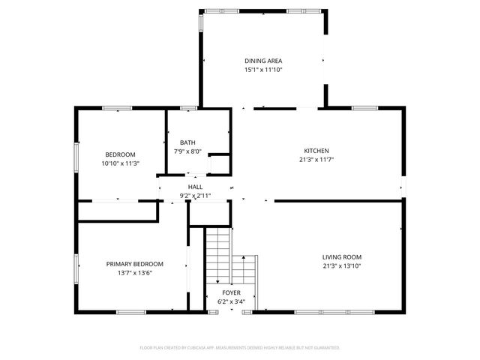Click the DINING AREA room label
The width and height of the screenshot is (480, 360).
click(263, 61)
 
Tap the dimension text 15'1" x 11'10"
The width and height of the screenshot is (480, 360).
click(263, 70)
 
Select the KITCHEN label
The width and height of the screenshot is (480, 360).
click(316, 150)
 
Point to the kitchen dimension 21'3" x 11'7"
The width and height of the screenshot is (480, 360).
click(316, 159)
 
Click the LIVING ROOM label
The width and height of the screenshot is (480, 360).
click(341, 256)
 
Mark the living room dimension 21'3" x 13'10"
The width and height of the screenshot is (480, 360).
click(341, 265)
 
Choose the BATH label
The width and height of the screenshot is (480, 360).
click(187, 142)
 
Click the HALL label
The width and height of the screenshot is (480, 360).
click(195, 187)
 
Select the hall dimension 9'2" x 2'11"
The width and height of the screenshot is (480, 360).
click(195, 196)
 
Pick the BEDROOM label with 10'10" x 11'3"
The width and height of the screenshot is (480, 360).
click(120, 154)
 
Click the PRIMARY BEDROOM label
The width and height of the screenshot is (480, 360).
click(134, 263)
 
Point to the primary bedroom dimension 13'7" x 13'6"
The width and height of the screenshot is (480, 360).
click(134, 273)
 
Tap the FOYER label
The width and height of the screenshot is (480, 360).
click(230, 292)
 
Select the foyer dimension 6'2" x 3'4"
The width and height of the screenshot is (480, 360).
click(230, 301)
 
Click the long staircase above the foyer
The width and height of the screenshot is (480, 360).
click(217, 255)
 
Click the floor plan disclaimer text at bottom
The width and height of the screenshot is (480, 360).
click(240, 348)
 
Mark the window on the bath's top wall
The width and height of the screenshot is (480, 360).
click(188, 109)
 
